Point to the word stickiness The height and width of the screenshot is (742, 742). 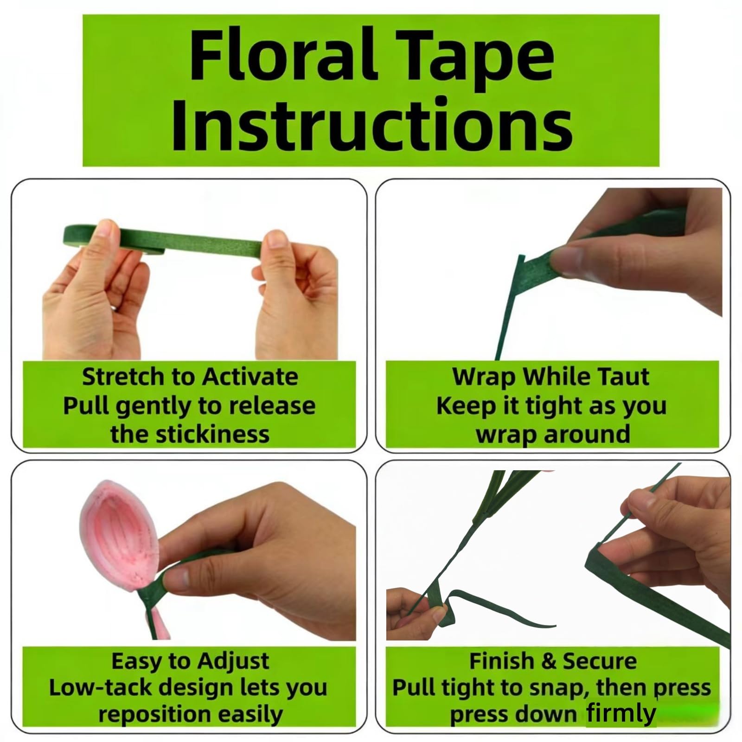(212, 434)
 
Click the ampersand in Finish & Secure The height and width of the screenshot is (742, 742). (550, 661)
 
